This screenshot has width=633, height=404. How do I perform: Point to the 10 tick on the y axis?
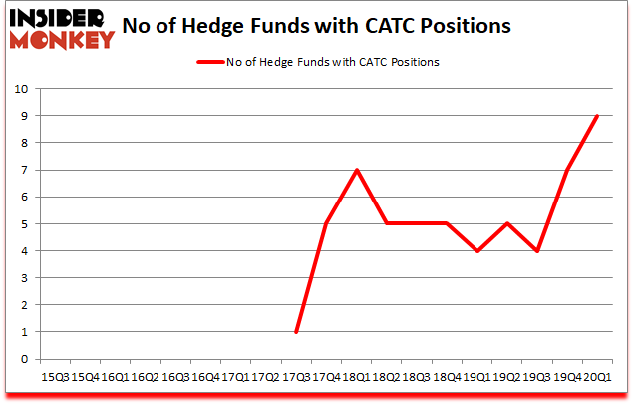click(x=21, y=89)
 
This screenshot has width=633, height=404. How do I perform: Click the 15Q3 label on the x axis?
click(x=55, y=377)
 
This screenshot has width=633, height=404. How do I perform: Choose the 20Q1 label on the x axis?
click(x=596, y=377)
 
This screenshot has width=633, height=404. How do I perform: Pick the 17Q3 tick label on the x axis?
click(x=296, y=377)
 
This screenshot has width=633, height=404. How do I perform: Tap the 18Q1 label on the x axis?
click(x=356, y=377)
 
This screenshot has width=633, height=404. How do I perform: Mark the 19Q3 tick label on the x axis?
click(x=536, y=377)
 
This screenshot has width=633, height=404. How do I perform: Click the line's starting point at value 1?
click(x=296, y=332)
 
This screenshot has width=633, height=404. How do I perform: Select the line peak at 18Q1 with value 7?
click(x=356, y=170)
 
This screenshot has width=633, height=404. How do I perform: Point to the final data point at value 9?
click(x=596, y=116)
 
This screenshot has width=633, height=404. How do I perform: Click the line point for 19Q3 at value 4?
click(x=536, y=250)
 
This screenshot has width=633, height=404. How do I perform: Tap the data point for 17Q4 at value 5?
click(x=326, y=223)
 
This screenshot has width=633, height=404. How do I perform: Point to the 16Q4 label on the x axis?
click(x=205, y=377)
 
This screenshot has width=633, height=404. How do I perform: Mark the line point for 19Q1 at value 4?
click(x=476, y=250)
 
